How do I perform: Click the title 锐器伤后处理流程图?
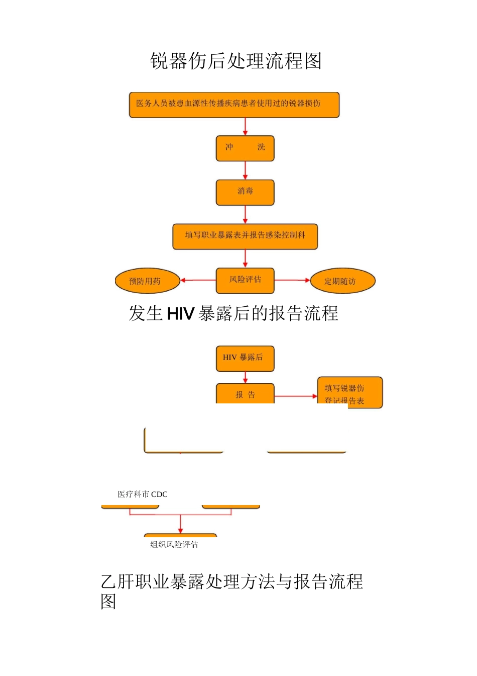[235, 61]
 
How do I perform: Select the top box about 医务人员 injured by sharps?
[234, 105]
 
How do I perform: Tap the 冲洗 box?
[245, 148]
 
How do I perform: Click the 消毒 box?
[245, 192]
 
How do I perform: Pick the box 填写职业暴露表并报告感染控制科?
[245, 236]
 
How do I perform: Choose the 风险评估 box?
[245, 280]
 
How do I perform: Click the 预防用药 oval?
[147, 281]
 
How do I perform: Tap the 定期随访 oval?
[342, 281]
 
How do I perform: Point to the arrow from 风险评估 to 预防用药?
[198, 280]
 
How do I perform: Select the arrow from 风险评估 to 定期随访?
[292, 280]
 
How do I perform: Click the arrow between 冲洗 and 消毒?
[245, 171]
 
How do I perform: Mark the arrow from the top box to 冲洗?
[245, 126]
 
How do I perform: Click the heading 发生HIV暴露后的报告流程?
[233, 313]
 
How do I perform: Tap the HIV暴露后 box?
[245, 358]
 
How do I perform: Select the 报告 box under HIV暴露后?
[245, 394]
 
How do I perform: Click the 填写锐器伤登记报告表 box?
[349, 392]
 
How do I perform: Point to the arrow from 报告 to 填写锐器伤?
[296, 396]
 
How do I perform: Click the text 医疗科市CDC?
[143, 494]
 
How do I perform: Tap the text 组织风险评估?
[174, 544]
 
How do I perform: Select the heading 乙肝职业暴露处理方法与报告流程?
[231, 582]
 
